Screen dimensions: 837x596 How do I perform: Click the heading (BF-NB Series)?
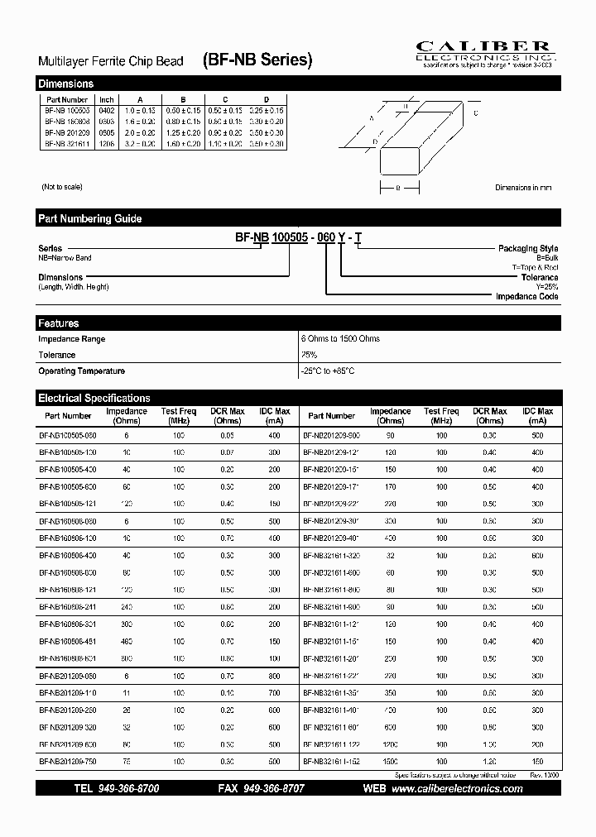(x=257, y=60)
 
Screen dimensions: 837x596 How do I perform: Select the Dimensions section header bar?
(x=298, y=84)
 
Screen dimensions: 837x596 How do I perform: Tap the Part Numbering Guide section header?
(x=298, y=218)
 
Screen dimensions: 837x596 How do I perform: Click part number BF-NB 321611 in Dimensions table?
(x=66, y=143)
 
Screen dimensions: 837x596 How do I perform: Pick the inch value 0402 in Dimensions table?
(x=107, y=110)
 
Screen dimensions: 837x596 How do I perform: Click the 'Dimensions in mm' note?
(x=523, y=188)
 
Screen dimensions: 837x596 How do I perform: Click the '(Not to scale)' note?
(x=61, y=188)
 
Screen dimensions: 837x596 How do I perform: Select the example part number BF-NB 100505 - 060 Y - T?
(x=298, y=237)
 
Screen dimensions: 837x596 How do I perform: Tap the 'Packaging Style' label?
(x=527, y=248)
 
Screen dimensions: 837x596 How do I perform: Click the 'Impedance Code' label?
(x=526, y=296)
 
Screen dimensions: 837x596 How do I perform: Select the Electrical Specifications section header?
(x=298, y=398)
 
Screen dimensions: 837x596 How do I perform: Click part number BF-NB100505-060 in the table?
(x=68, y=434)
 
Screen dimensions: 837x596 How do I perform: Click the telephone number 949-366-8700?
(x=117, y=789)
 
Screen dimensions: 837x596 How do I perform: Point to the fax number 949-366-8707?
(x=261, y=789)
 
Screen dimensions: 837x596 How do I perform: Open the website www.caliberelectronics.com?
(x=456, y=789)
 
